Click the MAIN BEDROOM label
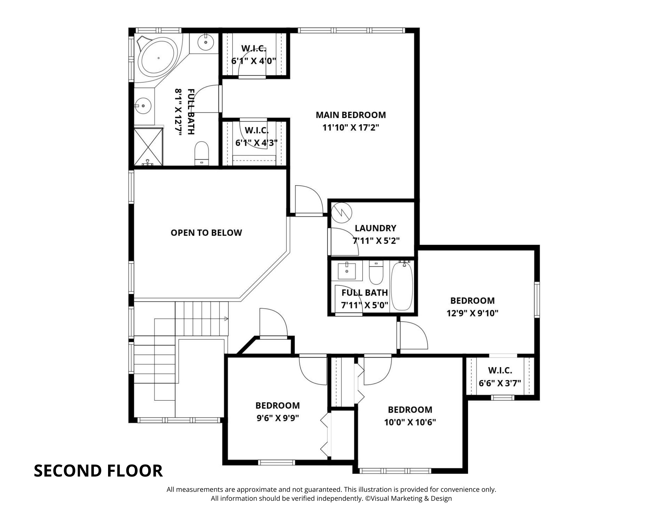pos(351,115)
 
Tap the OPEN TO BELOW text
pos(206,233)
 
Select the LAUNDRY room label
pos(375,228)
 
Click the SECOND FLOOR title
pos(98,471)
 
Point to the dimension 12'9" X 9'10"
pos(472,313)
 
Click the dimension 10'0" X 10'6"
pos(410,422)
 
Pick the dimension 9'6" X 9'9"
pos(278,418)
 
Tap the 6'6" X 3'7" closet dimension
pos(500,383)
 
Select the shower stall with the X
pos(149,146)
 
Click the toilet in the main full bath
pos(202,153)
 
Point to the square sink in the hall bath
pos(347,271)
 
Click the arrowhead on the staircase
pos(226,319)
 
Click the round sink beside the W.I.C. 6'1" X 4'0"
pos(206,42)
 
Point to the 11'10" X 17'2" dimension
pos(351,128)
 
